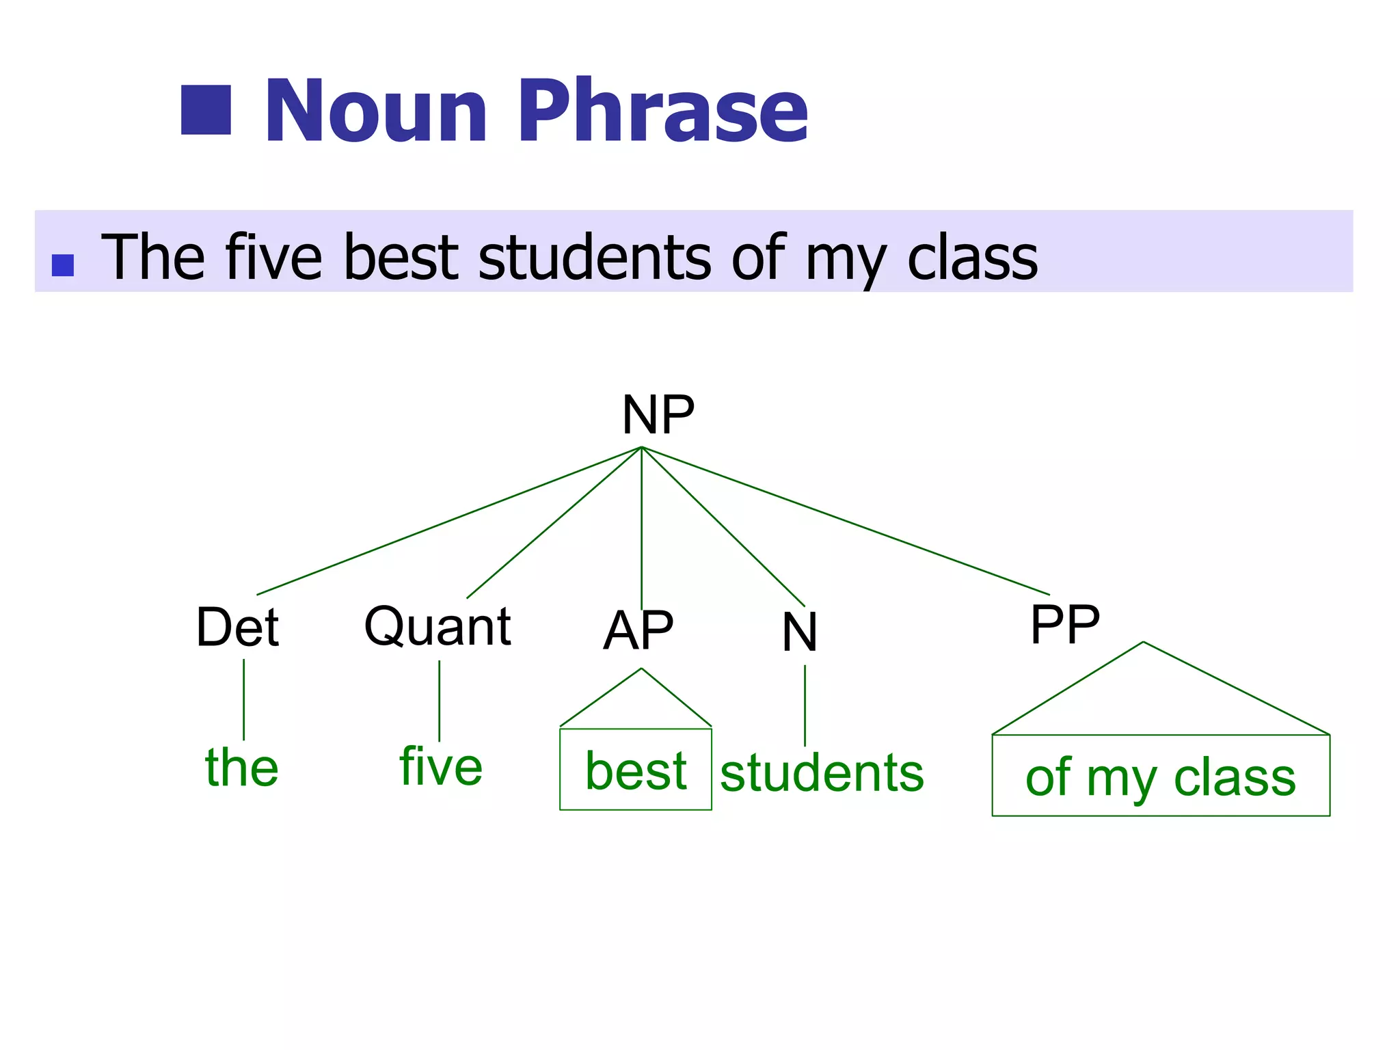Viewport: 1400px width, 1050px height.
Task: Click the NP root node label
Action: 658,415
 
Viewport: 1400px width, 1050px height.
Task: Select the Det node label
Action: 237,627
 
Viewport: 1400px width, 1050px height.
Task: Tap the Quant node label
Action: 437,625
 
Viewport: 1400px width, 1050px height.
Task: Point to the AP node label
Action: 638,630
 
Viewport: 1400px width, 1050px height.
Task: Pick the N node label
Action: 799,632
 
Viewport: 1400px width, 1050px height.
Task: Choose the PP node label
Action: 1064,624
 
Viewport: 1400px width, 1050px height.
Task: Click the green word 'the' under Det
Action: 242,767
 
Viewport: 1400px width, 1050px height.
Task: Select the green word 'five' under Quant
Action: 441,766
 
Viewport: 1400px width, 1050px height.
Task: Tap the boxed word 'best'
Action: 636,770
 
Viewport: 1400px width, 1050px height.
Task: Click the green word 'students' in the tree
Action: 822,773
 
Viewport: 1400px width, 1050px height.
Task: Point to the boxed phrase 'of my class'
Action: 1160,777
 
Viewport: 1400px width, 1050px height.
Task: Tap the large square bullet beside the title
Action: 206,110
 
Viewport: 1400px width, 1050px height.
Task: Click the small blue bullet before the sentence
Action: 63,265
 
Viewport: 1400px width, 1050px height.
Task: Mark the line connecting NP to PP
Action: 845,520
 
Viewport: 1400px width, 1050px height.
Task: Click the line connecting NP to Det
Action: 449,521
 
